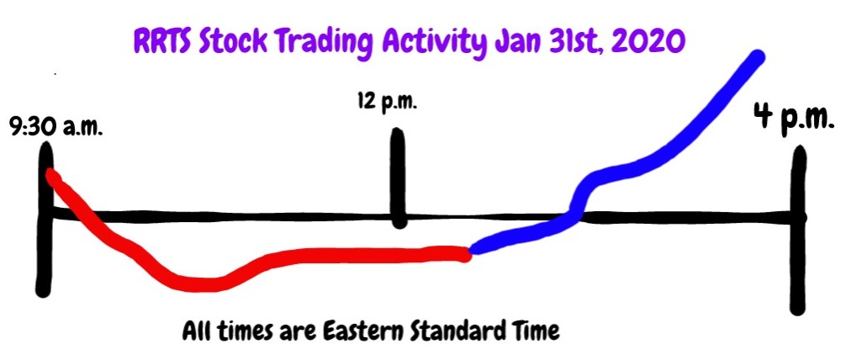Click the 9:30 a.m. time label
56,130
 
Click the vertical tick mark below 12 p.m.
399,178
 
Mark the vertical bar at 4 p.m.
798,230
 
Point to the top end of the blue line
756,57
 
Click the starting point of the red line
52,175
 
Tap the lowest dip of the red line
203,284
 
